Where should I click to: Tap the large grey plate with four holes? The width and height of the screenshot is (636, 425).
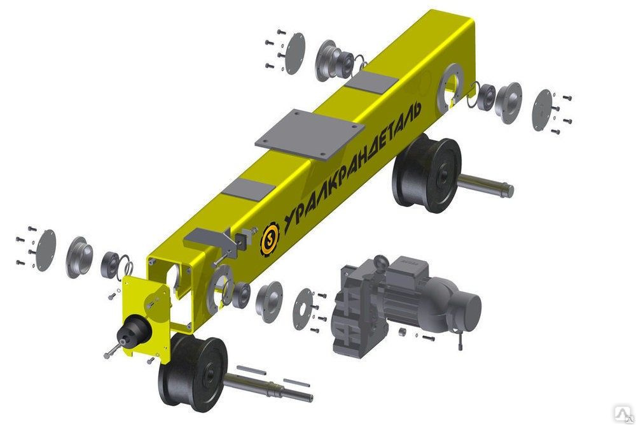(x=310, y=134)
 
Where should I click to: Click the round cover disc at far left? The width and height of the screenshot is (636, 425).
(x=45, y=250)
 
